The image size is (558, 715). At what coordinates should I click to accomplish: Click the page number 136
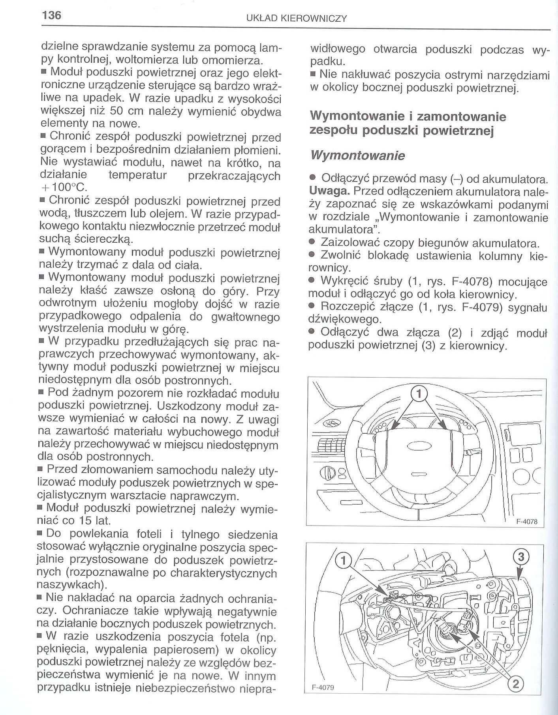point(51,16)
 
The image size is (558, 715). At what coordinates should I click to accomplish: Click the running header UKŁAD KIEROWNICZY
point(296,19)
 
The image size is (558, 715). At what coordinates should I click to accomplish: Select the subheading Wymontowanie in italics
point(358,155)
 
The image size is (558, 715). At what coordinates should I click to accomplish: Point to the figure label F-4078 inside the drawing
point(527,521)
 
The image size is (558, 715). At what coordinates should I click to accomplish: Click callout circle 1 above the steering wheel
point(419,393)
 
